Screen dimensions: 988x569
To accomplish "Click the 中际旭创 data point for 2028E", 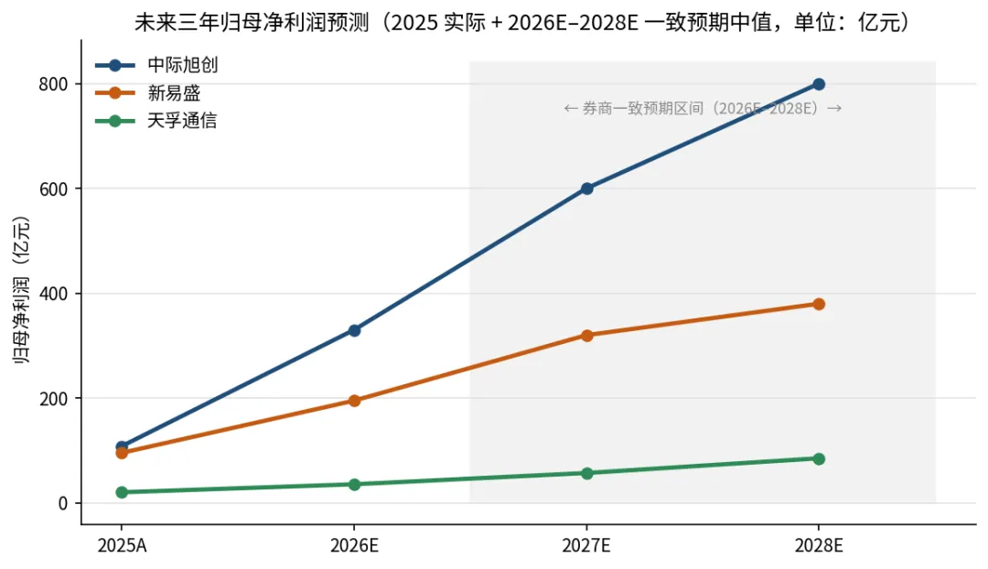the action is pyautogui.click(x=819, y=84).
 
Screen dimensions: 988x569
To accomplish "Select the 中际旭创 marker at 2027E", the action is pyautogui.click(x=586, y=188).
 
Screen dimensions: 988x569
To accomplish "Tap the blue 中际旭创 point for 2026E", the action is pyautogui.click(x=354, y=330).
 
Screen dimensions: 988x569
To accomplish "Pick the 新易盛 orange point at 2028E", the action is pyautogui.click(x=819, y=304).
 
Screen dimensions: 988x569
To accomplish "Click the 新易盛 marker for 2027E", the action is pyautogui.click(x=586, y=335).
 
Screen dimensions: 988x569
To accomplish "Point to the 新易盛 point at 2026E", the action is pyautogui.click(x=354, y=401).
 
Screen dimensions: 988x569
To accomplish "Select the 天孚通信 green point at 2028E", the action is pyautogui.click(x=819, y=458).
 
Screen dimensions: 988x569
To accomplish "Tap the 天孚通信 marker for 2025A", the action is pyautogui.click(x=122, y=492).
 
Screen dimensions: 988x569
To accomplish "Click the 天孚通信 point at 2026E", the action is pyautogui.click(x=354, y=485).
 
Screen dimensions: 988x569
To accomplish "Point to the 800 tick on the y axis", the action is pyautogui.click(x=54, y=84).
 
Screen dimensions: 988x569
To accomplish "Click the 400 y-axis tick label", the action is pyautogui.click(x=54, y=294).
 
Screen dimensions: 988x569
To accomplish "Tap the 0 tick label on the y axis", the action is pyautogui.click(x=63, y=503).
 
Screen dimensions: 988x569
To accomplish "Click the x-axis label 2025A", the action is pyautogui.click(x=122, y=545).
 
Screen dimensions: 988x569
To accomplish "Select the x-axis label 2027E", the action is pyautogui.click(x=586, y=545).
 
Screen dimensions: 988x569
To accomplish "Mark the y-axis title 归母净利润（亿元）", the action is pyautogui.click(x=21, y=290).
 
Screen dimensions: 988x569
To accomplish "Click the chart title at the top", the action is pyautogui.click(x=523, y=22).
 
